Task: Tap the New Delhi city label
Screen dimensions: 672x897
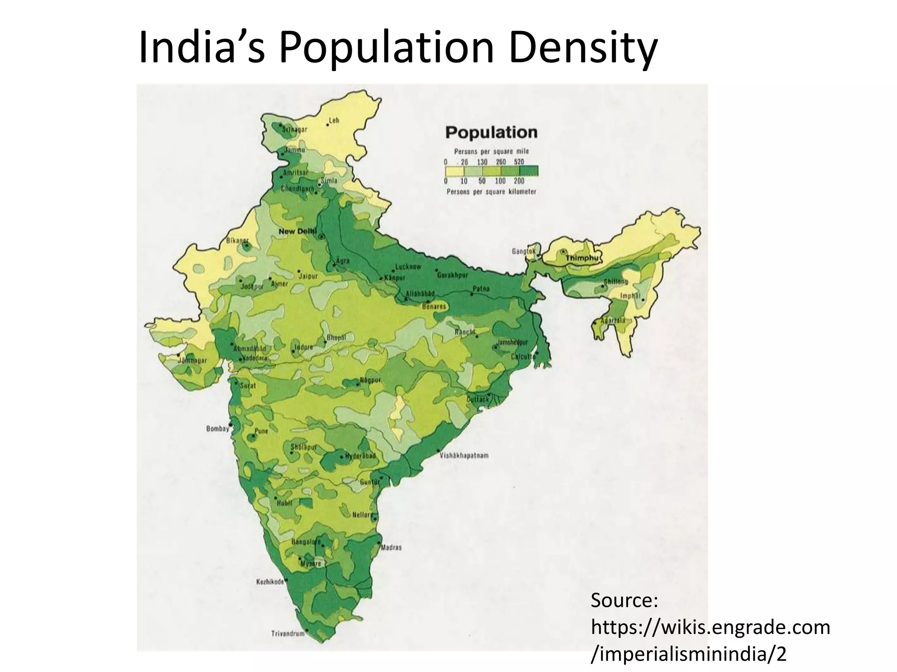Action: click(297, 231)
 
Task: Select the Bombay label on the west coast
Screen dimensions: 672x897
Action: click(218, 429)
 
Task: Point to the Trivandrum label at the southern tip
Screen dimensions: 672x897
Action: click(288, 633)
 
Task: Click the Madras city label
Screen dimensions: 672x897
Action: click(391, 547)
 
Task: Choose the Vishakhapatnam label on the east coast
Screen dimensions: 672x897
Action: click(464, 455)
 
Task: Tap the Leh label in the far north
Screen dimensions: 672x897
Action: click(334, 120)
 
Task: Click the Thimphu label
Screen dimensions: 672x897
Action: click(581, 258)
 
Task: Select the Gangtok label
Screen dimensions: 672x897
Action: click(523, 252)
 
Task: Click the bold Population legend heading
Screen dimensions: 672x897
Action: click(491, 132)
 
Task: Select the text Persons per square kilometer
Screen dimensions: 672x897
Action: click(491, 192)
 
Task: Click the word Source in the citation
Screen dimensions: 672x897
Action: click(624, 600)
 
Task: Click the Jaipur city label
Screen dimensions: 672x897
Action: click(308, 276)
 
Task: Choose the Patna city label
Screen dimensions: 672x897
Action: click(481, 289)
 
